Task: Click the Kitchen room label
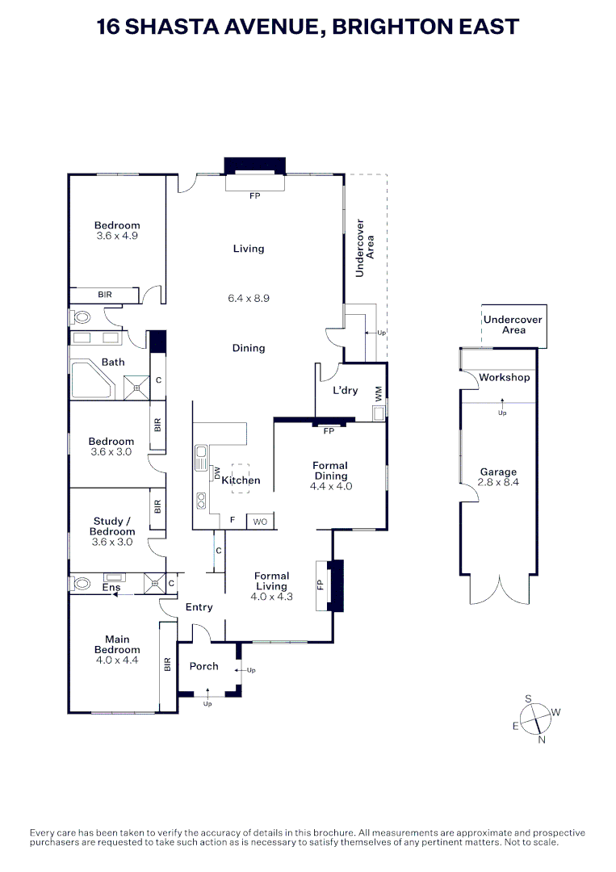point(241,480)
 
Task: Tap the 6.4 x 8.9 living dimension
point(249,298)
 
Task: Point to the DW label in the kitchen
point(217,473)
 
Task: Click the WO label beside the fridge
point(260,522)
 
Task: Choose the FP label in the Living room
point(255,196)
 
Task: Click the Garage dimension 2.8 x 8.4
point(498,483)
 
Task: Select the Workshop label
point(504,378)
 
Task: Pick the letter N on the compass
point(542,739)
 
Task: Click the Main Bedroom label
point(117,644)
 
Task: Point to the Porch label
point(204,666)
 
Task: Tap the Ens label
point(111,588)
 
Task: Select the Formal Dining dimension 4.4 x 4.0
point(330,486)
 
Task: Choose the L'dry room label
point(346,391)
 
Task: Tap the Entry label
point(199,607)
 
